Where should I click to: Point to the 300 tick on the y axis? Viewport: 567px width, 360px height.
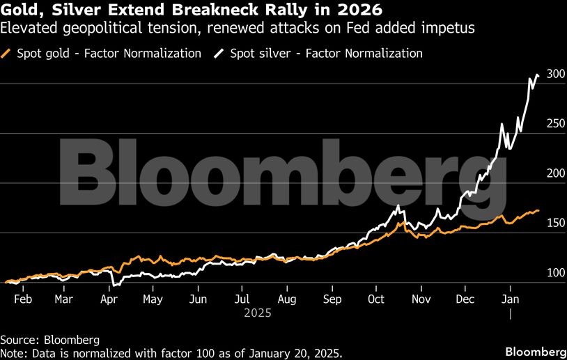(555, 74)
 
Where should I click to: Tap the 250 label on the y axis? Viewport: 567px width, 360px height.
(555, 123)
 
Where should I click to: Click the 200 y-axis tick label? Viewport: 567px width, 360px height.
(555, 173)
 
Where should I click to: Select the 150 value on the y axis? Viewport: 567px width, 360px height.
(555, 223)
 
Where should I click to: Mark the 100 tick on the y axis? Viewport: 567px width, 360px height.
(555, 273)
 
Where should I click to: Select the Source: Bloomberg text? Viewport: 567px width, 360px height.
(49, 341)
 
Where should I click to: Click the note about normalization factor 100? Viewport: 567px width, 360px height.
(171, 353)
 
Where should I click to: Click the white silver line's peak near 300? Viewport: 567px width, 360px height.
(536, 75)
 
